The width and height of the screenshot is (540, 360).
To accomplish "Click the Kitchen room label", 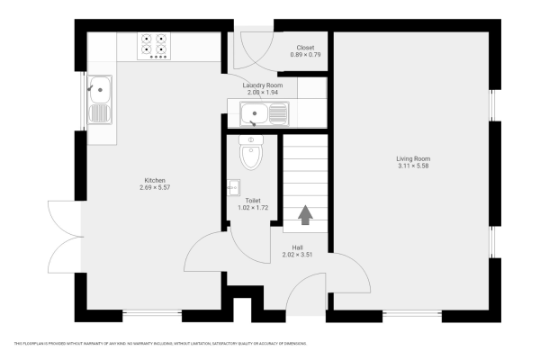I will pyautogui.click(x=155, y=179).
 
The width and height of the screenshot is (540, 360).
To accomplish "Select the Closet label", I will pyautogui.click(x=305, y=48).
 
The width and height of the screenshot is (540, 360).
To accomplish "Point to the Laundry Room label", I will pyautogui.click(x=263, y=85).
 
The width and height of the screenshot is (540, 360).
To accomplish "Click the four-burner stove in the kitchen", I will pyautogui.click(x=154, y=46).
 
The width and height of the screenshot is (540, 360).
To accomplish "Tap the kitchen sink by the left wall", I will pyautogui.click(x=100, y=100).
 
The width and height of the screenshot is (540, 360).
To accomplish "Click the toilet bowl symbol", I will pyautogui.click(x=250, y=154).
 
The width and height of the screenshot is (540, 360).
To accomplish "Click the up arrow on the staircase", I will pyautogui.click(x=305, y=214).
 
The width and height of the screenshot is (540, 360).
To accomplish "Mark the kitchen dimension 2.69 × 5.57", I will pyautogui.click(x=155, y=187).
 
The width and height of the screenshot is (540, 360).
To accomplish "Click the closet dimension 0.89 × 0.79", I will pyautogui.click(x=305, y=56).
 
